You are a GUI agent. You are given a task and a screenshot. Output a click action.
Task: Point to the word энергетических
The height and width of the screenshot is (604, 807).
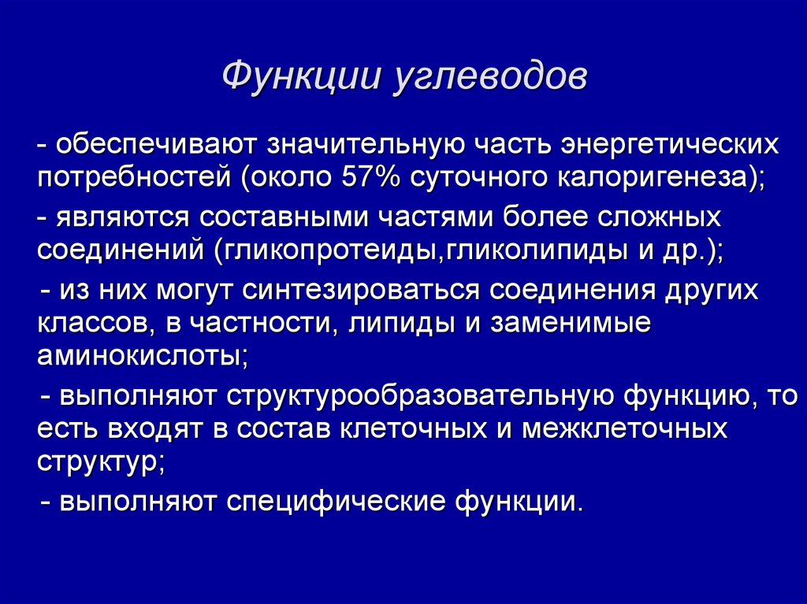(669, 146)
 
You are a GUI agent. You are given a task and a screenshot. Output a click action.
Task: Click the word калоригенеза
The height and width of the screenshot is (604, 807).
(653, 178)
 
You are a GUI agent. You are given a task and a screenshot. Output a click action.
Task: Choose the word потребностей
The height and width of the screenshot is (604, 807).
(135, 178)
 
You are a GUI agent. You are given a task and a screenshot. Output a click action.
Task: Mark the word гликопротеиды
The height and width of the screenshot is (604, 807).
(330, 251)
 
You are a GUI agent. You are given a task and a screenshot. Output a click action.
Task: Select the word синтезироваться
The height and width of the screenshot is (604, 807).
(361, 291)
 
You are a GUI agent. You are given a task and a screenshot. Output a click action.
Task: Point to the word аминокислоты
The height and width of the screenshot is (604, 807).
(139, 356)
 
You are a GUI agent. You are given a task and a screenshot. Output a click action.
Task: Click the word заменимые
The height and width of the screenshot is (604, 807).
(571, 323)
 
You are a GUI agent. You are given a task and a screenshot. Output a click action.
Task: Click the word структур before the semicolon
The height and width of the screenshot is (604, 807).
(98, 462)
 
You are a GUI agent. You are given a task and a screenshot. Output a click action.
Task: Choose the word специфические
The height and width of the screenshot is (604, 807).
(336, 502)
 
